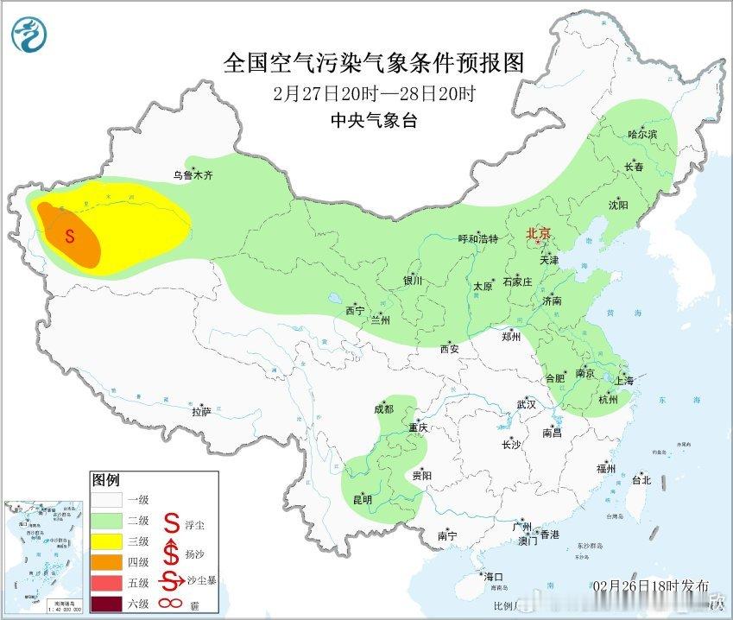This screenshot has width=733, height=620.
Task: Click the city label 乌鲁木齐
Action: coord(192,175)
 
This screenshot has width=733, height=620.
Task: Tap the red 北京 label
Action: coord(539,233)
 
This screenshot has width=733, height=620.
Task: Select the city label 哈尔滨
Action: coord(642,135)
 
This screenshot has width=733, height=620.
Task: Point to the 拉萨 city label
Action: coord(201,412)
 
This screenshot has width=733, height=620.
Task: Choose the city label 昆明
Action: coord(362,499)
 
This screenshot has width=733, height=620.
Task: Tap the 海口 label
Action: coord(494,576)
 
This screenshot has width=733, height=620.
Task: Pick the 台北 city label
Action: coord(641,480)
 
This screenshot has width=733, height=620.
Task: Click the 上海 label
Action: coord(624,380)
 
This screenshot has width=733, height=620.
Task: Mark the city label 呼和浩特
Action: coord(477,239)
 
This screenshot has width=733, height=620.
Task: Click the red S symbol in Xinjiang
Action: coord(71,234)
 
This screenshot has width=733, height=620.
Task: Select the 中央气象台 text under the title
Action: coord(373,121)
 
